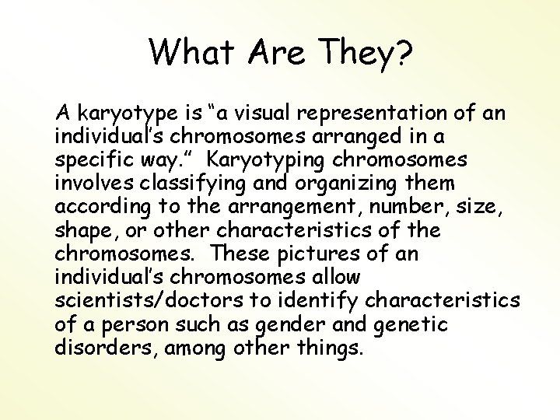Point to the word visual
[264, 114]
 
